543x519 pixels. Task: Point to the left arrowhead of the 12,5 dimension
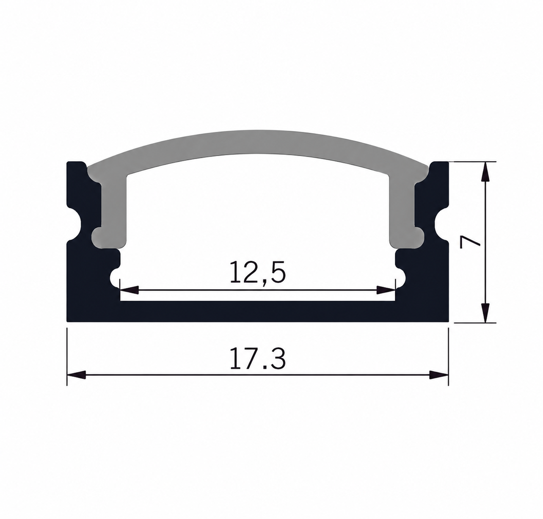(x=130, y=290)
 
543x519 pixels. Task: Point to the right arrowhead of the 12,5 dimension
(x=386, y=290)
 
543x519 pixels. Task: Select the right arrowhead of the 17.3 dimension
(x=438, y=375)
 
